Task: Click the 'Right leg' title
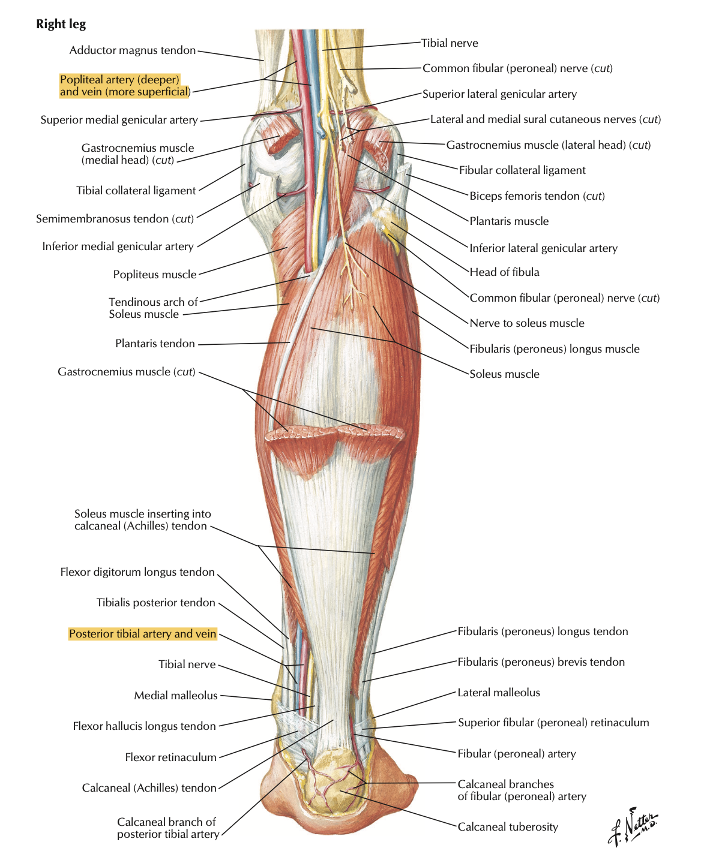point(61,25)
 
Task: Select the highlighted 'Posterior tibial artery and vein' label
point(142,633)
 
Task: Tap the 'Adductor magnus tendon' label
point(133,50)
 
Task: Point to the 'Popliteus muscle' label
point(155,275)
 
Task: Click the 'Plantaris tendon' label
point(155,344)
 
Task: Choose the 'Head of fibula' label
point(505,272)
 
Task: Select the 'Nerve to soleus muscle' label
point(527,323)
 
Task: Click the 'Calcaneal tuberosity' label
point(508,826)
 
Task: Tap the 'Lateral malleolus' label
point(499,693)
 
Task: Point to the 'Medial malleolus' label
point(176,695)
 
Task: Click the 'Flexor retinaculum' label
point(171,757)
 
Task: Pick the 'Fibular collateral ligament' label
point(522,170)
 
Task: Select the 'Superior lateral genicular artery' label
point(499,94)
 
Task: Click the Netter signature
point(633,827)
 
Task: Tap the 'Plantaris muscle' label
point(509,221)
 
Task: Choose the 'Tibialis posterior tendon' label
point(156,603)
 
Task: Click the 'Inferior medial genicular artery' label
point(118,246)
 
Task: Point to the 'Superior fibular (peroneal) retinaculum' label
point(554,723)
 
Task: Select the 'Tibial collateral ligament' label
point(136,191)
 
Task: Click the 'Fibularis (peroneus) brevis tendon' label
point(541,662)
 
